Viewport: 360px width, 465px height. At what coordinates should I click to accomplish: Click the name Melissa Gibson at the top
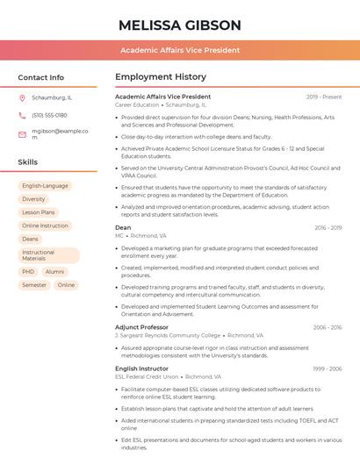tap(179, 25)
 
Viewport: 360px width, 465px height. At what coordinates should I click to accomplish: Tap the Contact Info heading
tap(40, 77)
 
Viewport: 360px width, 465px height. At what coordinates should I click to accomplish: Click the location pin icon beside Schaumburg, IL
tap(22, 97)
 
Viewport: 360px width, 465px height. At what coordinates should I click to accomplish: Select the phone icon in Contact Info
tap(22, 115)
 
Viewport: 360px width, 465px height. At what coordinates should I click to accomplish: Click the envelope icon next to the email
tap(22, 133)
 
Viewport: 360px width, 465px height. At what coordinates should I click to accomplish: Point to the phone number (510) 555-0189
tap(49, 115)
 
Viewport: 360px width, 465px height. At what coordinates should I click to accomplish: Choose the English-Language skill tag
tap(45, 186)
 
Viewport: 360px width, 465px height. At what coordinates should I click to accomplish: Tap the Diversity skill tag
tap(33, 199)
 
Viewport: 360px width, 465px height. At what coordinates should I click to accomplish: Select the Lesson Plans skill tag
tap(39, 212)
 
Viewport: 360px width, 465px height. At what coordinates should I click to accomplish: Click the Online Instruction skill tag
tap(45, 225)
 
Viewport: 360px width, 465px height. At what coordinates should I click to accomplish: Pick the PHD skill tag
tap(29, 272)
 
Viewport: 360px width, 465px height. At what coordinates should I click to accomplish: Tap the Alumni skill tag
tap(54, 272)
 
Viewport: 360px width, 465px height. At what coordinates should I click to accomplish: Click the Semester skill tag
tap(34, 285)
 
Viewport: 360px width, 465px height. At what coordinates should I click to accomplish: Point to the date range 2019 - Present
tap(324, 97)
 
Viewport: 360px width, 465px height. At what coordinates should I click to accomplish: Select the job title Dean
tap(123, 227)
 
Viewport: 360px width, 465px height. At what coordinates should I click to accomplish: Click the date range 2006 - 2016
tap(328, 327)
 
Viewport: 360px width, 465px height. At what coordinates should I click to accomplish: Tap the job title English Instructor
tap(142, 368)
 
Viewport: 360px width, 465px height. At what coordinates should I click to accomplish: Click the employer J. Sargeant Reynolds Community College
tap(168, 335)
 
